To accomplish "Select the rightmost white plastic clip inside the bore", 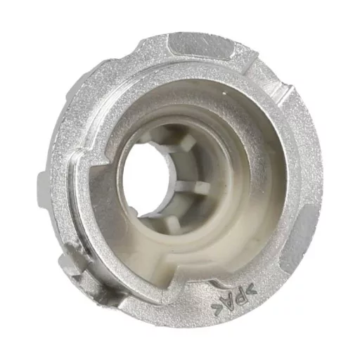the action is click(x=202, y=187).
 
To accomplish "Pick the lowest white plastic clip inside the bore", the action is click(x=173, y=223).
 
